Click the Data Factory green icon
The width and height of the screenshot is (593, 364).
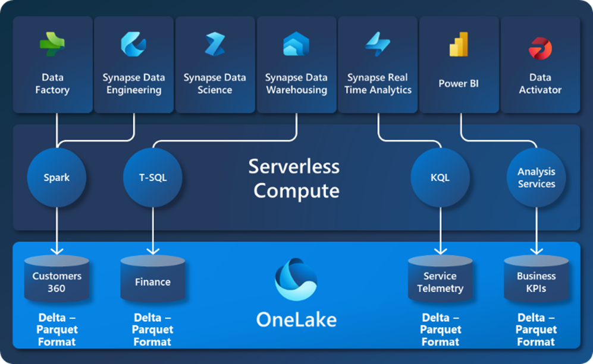[52, 45]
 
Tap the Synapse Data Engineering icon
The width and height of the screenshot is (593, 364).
[133, 45]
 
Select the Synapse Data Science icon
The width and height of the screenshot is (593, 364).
[215, 45]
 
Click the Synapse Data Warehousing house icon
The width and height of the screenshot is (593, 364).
[296, 45]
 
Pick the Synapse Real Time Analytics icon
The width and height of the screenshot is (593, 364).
[378, 45]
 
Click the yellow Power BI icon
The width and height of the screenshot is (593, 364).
[459, 45]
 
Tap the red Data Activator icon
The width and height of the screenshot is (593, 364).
[540, 48]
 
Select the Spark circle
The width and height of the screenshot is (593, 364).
[57, 178]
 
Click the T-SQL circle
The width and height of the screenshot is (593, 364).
[153, 178]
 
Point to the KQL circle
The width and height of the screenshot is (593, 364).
[441, 178]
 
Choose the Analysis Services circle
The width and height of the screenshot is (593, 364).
[536, 178]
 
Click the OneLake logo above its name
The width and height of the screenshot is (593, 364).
[296, 279]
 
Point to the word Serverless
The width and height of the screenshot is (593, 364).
[294, 166]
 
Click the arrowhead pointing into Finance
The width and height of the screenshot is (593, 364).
[153, 251]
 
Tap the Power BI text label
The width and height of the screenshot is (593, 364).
[459, 84]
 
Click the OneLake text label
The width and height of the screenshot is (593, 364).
[296, 319]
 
